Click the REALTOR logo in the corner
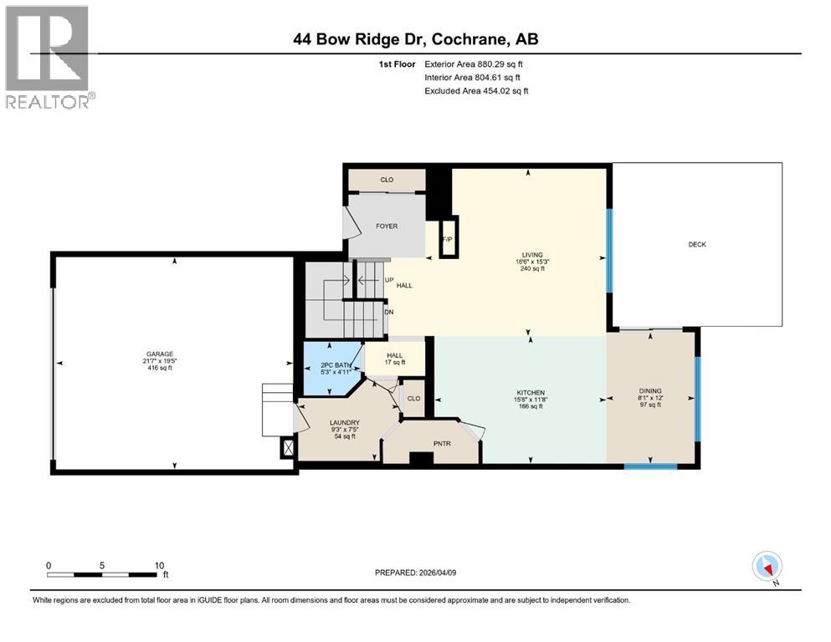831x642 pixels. point(48,57)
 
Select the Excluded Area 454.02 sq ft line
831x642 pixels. point(476,90)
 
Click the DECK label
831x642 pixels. point(697,245)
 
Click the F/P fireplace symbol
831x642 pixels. point(448,241)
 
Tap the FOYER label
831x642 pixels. point(386,227)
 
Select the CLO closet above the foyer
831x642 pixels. point(387,180)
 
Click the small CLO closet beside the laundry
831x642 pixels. point(413,398)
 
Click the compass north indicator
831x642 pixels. point(766,567)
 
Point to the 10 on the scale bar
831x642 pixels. point(159,565)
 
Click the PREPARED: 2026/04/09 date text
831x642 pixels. point(415,573)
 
